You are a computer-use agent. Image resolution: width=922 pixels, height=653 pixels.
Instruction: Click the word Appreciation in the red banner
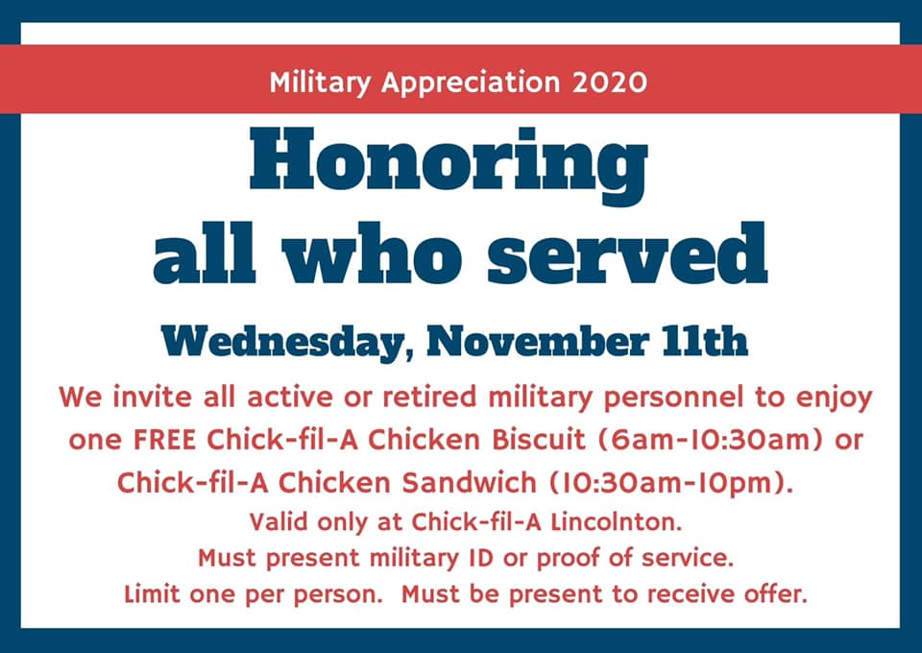pyautogui.click(x=471, y=83)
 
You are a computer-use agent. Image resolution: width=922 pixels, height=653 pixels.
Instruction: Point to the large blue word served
pyautogui.click(x=627, y=254)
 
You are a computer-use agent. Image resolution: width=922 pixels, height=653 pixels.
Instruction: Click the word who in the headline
pyautogui.click(x=372, y=254)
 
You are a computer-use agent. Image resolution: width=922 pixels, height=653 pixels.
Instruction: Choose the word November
pyautogui.click(x=538, y=341)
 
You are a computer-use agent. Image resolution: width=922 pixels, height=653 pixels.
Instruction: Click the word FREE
pyautogui.click(x=164, y=440)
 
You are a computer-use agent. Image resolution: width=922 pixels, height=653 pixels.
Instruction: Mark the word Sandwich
pyautogui.click(x=470, y=483)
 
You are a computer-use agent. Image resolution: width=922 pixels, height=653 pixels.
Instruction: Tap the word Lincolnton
pyautogui.click(x=617, y=522)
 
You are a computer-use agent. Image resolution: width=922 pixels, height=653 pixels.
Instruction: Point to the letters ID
pyautogui.click(x=480, y=558)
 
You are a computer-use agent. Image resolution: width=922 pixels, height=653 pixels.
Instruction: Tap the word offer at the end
pyautogui.click(x=776, y=593)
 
